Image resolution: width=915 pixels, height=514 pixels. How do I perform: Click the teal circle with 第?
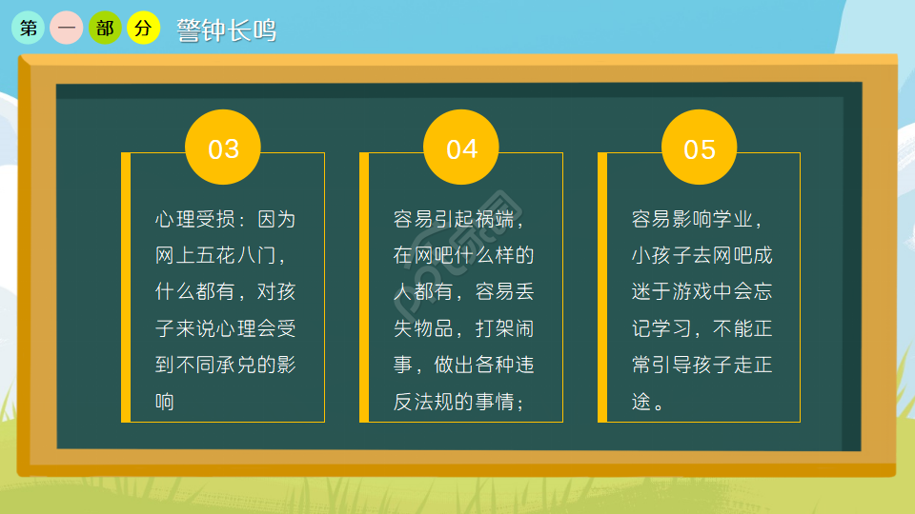tap(28, 29)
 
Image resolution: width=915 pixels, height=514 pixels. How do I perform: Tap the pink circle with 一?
tap(67, 29)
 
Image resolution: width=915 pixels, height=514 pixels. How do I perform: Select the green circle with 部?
tap(106, 29)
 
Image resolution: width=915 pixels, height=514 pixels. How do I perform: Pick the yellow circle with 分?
tap(144, 29)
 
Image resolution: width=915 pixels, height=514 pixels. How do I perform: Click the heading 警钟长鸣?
tap(227, 30)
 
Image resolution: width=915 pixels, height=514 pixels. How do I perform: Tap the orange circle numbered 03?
tap(223, 149)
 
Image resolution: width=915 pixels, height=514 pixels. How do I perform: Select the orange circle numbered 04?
tap(461, 149)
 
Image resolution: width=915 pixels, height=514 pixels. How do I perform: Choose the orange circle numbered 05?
tap(700, 149)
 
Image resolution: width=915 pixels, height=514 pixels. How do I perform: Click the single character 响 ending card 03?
tap(165, 401)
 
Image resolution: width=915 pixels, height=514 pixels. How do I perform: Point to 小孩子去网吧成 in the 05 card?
tap(701, 256)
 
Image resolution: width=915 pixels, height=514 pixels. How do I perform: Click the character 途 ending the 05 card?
tap(641, 401)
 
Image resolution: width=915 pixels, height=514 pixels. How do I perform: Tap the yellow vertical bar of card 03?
tap(126, 287)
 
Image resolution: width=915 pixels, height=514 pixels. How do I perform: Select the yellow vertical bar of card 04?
tap(364, 287)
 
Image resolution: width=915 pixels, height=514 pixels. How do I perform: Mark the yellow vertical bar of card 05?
tap(602, 287)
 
